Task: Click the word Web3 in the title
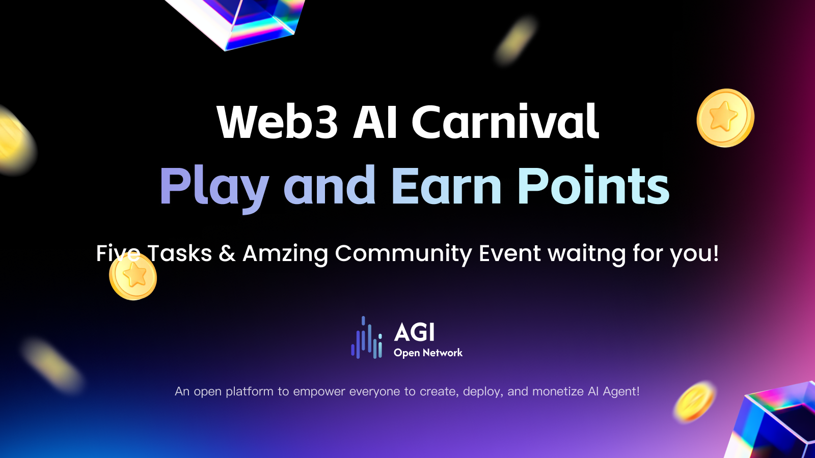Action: (x=277, y=122)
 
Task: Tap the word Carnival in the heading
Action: (x=505, y=122)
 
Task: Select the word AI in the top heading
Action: (x=375, y=122)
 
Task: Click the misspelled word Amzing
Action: (x=285, y=254)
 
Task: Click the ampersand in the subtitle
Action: (x=227, y=253)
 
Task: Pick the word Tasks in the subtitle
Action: (x=180, y=253)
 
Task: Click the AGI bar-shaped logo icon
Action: (x=366, y=337)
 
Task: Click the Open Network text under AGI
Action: (x=428, y=353)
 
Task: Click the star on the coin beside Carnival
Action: (x=723, y=116)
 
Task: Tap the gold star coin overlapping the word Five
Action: (x=133, y=276)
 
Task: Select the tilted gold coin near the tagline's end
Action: (x=695, y=402)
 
